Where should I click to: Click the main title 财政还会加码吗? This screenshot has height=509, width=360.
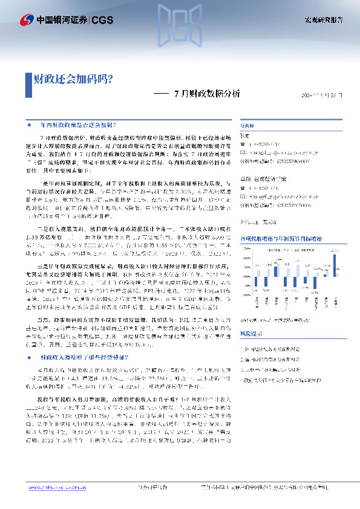tap(72, 78)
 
